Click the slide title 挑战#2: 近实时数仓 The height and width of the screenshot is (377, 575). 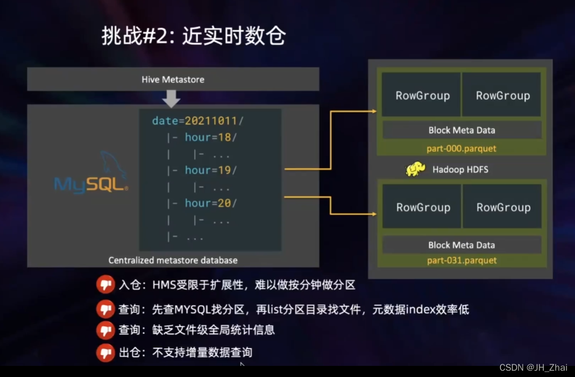tap(193, 36)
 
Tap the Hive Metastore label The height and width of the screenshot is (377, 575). tap(173, 79)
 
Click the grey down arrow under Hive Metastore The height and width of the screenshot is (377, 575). tap(171, 99)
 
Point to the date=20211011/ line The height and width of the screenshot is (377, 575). tap(198, 121)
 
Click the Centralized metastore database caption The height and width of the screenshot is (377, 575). tap(173, 260)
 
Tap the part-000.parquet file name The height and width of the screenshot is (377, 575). tap(461, 149)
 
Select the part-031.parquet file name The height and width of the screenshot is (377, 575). tap(462, 260)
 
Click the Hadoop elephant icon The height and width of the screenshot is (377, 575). tap(415, 169)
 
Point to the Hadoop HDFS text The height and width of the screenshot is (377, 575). tap(460, 169)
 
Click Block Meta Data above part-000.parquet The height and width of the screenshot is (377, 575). tap(462, 130)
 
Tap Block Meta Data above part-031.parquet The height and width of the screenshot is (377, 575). tap(462, 245)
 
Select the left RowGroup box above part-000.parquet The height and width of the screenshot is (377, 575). tap(422, 95)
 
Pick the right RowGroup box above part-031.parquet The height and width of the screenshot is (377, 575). tap(503, 207)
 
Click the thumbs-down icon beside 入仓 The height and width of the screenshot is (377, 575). tap(105, 285)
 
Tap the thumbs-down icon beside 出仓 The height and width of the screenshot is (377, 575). tap(105, 352)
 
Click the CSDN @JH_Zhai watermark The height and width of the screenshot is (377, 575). tap(533, 368)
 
